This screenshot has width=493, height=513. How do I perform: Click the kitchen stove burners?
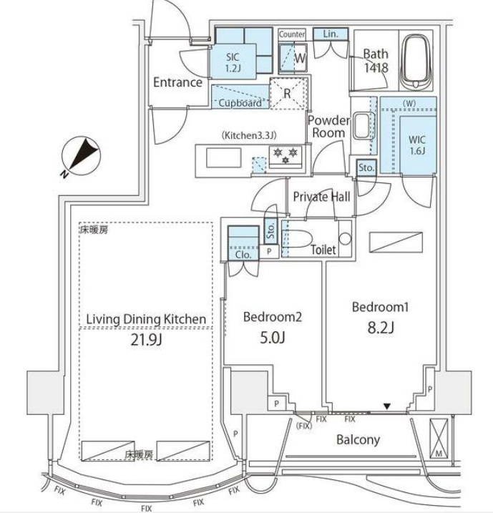tap(284, 155)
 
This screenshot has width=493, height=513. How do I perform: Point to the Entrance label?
tap(177, 82)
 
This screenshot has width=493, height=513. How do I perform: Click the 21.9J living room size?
tap(146, 341)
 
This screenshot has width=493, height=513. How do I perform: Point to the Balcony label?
tap(358, 440)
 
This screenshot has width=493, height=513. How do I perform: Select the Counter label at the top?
tap(292, 34)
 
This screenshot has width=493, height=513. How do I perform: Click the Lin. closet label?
tap(331, 34)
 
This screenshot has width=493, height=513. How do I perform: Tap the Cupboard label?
tap(239, 103)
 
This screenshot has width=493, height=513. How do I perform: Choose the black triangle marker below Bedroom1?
tap(387, 407)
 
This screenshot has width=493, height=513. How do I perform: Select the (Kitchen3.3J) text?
tap(248, 135)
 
